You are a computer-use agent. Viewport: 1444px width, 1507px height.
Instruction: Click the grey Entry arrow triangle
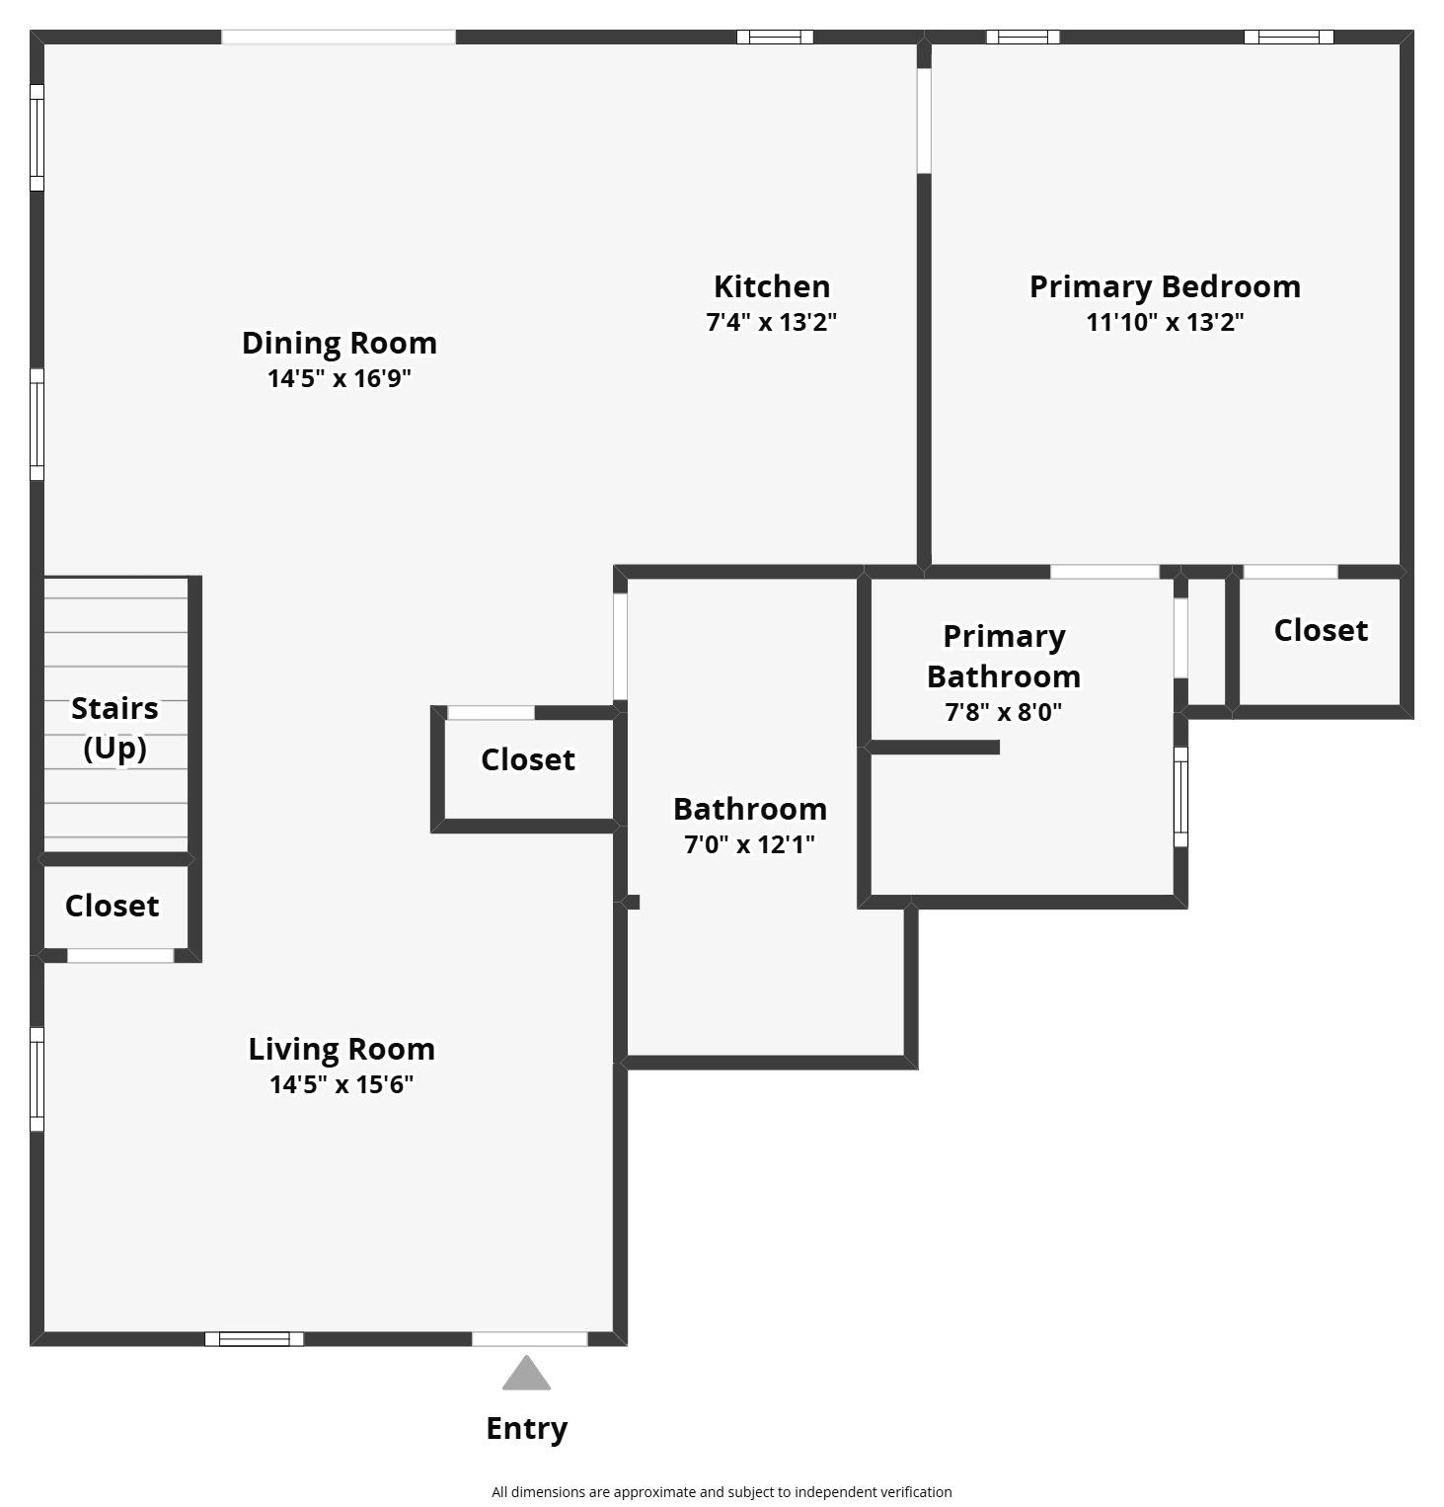(526, 1375)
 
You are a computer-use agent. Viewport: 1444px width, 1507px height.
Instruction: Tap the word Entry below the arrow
(526, 1428)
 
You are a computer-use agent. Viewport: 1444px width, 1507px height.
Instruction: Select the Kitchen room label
(771, 286)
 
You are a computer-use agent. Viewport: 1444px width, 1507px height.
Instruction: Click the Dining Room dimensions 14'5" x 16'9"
(339, 378)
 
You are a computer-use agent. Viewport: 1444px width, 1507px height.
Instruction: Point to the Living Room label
(341, 1049)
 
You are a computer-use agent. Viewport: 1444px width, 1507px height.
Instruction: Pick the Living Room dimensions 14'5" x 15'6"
(341, 1084)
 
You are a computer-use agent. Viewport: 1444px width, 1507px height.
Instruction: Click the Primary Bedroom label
(1165, 286)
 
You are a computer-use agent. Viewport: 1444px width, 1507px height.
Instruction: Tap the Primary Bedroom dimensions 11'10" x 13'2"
(1165, 322)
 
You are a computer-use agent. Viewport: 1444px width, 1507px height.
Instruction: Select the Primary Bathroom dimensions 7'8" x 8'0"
(1003, 712)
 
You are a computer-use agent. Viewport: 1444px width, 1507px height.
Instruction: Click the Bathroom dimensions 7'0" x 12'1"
(749, 844)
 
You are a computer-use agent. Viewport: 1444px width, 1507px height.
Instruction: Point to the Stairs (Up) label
(114, 728)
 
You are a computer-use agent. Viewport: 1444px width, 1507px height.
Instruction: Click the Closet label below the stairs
(112, 906)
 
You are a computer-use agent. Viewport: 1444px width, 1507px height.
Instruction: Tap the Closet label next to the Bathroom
(527, 759)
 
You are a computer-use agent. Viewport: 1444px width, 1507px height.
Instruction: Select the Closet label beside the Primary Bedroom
(1320, 630)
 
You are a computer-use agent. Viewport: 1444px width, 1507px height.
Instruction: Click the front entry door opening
(529, 1339)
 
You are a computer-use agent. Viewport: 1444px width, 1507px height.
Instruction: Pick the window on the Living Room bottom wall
(254, 1339)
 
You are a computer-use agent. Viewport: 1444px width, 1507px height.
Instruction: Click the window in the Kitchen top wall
(775, 38)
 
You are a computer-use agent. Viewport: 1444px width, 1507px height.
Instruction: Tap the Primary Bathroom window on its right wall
(1180, 796)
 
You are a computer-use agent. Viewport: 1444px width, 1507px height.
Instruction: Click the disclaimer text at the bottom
(722, 1491)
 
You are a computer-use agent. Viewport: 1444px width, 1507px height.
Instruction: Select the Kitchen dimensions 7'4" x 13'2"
(771, 322)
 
